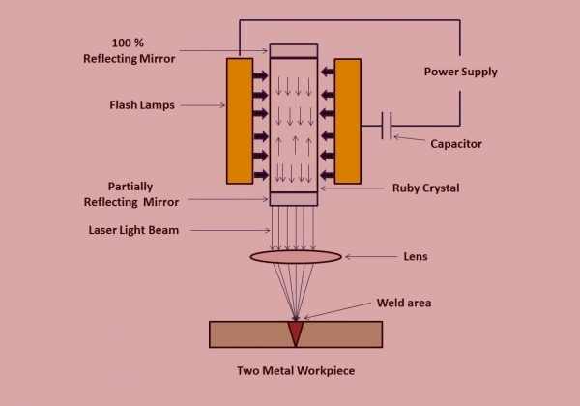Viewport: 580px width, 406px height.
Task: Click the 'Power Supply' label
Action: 460,72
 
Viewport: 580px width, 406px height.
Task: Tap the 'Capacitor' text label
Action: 452,144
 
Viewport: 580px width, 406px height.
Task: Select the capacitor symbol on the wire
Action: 388,126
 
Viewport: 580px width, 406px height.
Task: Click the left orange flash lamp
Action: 240,120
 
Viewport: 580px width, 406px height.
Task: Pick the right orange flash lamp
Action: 347,120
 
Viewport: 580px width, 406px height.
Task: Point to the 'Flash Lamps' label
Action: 142,105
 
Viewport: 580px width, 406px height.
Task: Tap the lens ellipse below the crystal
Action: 296,257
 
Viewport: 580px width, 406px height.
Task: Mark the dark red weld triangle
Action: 295,332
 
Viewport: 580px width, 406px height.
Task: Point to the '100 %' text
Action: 130,43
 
